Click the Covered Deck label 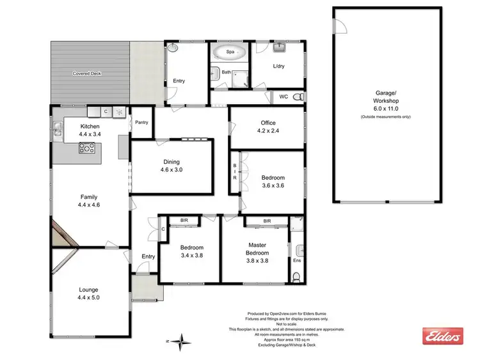click(x=86, y=74)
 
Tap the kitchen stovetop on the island click(x=86, y=148)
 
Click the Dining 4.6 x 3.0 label click(x=172, y=166)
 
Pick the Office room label click(x=267, y=127)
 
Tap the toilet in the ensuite click(x=295, y=276)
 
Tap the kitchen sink click(x=58, y=132)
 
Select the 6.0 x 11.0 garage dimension click(x=387, y=109)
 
